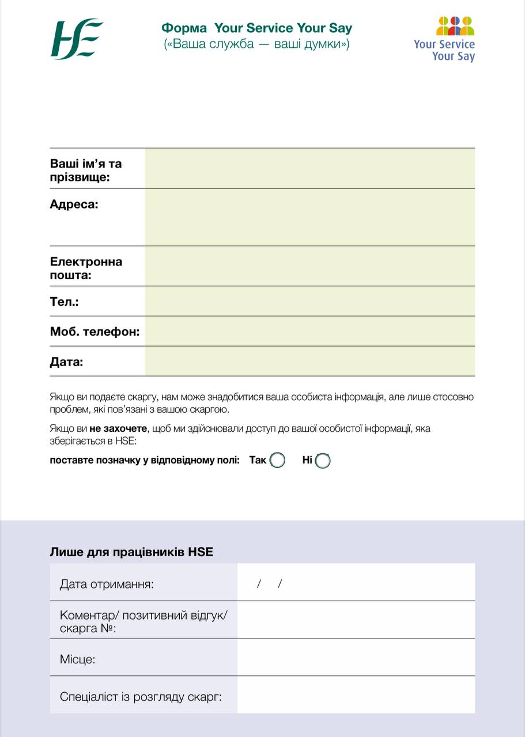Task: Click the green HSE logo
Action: (77, 39)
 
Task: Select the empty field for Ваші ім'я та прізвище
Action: (309, 168)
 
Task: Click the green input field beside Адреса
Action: (309, 217)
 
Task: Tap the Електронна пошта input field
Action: (309, 266)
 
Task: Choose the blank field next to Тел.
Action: (309, 301)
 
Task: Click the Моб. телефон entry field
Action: (309, 331)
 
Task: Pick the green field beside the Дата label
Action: (309, 361)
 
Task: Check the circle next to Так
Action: (278, 461)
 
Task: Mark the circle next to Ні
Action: (323, 461)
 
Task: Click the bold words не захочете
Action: (118, 429)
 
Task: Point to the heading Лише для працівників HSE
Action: (131, 552)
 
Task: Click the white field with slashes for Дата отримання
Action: (356, 582)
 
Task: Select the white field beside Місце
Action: (356, 657)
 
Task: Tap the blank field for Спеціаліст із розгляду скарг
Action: (356, 694)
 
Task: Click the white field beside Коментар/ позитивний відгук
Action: (356, 620)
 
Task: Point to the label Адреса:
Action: (74, 204)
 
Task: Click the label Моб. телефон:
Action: (95, 332)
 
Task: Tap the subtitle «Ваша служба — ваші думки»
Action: (256, 44)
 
